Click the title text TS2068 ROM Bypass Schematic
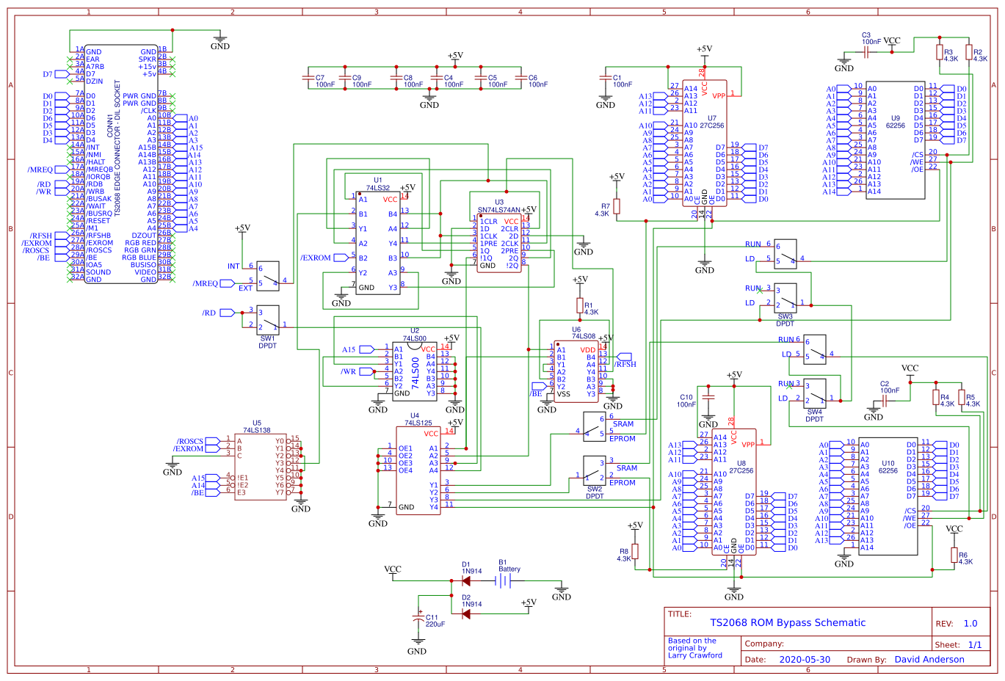point(788,623)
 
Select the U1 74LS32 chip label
point(378,184)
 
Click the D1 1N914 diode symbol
point(466,580)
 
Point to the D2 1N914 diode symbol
point(466,613)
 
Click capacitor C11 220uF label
point(435,621)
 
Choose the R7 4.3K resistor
point(617,207)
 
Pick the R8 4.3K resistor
point(635,552)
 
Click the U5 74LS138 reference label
point(257,427)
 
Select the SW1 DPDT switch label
point(267,342)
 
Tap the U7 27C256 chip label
point(711,122)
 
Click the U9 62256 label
point(896,122)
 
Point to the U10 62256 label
point(888,467)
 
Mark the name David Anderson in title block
point(929,660)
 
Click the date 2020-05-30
point(805,660)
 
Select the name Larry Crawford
point(694,655)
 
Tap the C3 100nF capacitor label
point(871,38)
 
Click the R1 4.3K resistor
point(580,305)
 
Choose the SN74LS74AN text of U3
point(499,210)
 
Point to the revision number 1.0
point(970,624)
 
